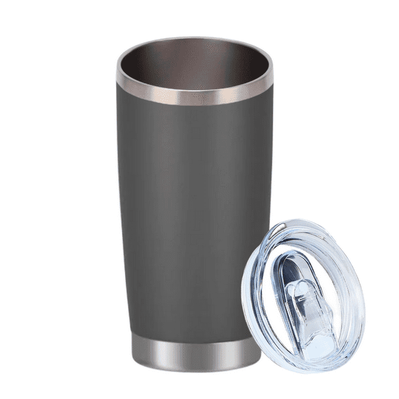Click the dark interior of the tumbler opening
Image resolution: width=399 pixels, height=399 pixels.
point(194,68)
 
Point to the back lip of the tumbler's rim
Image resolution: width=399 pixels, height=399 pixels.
point(194,40)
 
